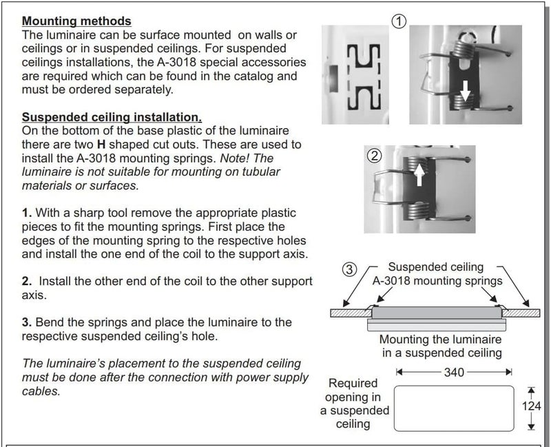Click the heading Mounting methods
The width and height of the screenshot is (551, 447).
pos(76,23)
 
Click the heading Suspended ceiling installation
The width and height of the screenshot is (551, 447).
pos(112,118)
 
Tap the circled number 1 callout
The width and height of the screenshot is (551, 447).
pos(397,21)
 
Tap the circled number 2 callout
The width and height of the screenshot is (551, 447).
pos(375,156)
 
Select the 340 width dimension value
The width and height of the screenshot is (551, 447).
pos(454,373)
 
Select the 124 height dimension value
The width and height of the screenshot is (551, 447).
pos(531,406)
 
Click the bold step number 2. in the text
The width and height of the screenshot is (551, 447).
pos(27,281)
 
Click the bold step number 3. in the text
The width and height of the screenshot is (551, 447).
pos(27,322)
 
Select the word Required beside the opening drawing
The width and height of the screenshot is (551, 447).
pos(353,383)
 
